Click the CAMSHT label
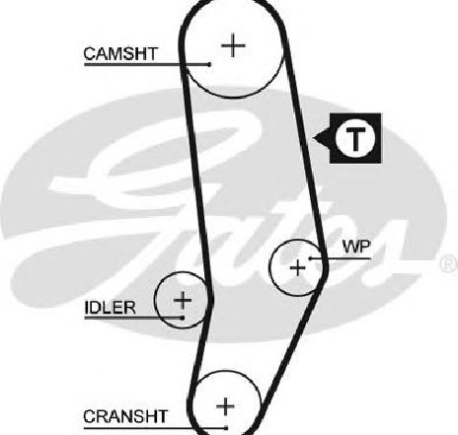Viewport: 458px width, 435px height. click(x=120, y=53)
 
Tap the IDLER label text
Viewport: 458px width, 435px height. click(x=110, y=308)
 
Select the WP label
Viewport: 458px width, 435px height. click(x=356, y=247)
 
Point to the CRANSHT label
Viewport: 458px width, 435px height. click(x=125, y=416)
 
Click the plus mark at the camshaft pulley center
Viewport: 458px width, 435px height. click(x=233, y=45)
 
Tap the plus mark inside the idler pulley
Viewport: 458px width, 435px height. click(x=183, y=300)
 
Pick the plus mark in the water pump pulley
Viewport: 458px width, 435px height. click(x=298, y=267)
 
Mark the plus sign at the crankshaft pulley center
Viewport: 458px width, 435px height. click(x=226, y=406)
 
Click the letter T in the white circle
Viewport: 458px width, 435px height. click(x=356, y=138)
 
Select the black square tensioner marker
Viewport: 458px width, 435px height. click(x=355, y=138)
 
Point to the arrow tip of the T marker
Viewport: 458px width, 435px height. click(x=314, y=138)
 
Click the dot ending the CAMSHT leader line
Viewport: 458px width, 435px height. click(x=209, y=64)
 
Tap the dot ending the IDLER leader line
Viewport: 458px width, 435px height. click(x=183, y=318)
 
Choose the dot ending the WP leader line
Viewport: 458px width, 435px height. click(x=310, y=258)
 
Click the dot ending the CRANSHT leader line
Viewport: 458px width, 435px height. click(x=226, y=428)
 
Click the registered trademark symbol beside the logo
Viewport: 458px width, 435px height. click(x=449, y=264)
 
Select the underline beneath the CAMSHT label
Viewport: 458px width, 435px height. click(x=147, y=64)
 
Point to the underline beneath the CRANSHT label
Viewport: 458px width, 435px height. click(x=155, y=428)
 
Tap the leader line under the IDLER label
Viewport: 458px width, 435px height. click(x=133, y=318)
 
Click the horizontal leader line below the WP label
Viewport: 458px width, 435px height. click(x=341, y=258)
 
